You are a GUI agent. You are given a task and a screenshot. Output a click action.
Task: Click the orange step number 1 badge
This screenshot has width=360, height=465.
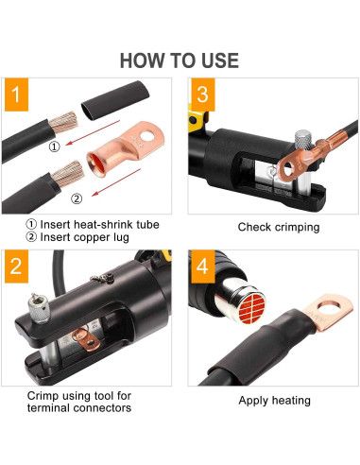[17, 95]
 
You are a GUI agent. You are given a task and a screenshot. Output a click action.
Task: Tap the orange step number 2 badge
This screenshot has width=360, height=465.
[17, 267]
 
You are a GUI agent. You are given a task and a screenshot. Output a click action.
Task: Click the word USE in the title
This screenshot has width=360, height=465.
[220, 60]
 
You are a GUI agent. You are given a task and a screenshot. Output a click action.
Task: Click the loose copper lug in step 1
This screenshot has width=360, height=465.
[111, 146]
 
